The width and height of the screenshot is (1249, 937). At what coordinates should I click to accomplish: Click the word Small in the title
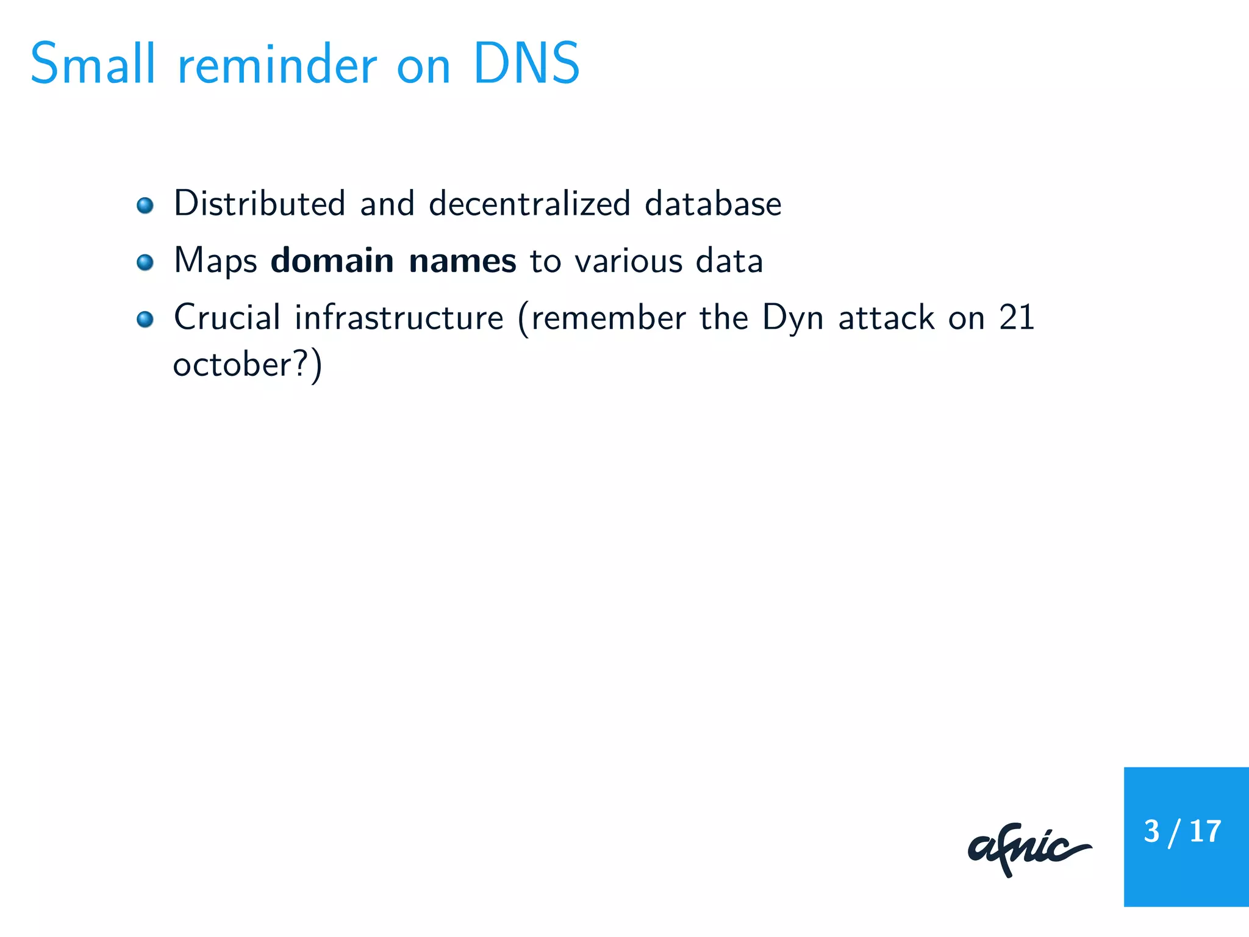coord(93,63)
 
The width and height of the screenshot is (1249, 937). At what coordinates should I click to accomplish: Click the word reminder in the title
coord(277,65)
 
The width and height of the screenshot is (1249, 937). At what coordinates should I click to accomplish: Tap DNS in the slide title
coord(526,63)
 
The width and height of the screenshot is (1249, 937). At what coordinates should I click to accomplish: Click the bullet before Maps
coord(145,262)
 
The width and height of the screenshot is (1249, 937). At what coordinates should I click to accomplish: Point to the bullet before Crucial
coord(145,319)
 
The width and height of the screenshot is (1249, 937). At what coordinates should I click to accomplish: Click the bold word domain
coord(332,260)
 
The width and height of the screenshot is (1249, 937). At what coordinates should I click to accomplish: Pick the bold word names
coord(462,260)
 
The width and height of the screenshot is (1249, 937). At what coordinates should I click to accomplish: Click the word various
coord(628,260)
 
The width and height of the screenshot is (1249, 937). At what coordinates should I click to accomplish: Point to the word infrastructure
coord(399,317)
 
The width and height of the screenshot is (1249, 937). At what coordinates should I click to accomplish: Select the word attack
coord(886,317)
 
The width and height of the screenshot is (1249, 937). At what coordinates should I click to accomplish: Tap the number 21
coord(1017,317)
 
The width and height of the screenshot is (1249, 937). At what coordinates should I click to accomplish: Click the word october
coord(232,365)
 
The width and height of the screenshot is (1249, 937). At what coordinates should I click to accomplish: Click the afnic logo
coord(1029,849)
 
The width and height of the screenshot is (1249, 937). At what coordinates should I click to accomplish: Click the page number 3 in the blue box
coord(1151,831)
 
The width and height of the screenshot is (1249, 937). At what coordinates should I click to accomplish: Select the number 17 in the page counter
coord(1205,831)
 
